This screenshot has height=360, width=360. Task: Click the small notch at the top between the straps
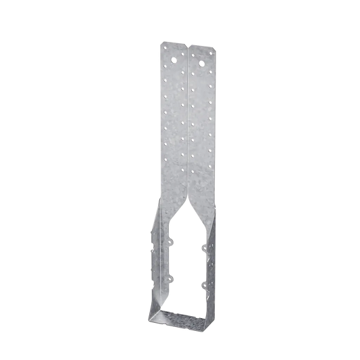(x=187, y=46)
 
